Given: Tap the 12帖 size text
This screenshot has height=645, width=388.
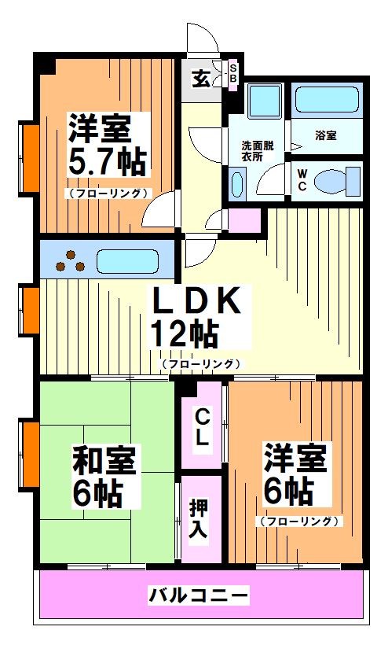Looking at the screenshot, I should coord(184,336).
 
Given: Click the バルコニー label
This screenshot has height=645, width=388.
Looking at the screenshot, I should coord(199,595).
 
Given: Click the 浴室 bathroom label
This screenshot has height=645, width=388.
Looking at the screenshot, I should coord(325,135).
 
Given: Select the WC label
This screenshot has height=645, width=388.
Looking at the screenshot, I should coord(301,182).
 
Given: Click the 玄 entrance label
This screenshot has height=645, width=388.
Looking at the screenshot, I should coord(201,78).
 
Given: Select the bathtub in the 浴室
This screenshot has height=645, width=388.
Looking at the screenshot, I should coord(328,100).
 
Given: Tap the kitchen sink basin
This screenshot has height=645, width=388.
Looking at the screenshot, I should coord(129,260).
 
